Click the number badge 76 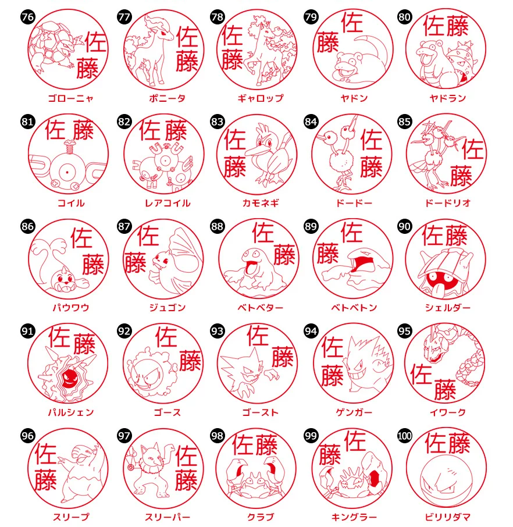[x=27, y=17]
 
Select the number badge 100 [x=405, y=435]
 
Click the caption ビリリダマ [x=447, y=517]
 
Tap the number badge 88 [x=217, y=226]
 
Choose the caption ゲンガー [x=353, y=412]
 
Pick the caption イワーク [x=447, y=412]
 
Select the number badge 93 [x=217, y=331]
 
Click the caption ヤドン [x=354, y=98]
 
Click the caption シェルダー [x=447, y=308]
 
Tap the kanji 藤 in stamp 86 [x=92, y=264]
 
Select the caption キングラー [x=354, y=517]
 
